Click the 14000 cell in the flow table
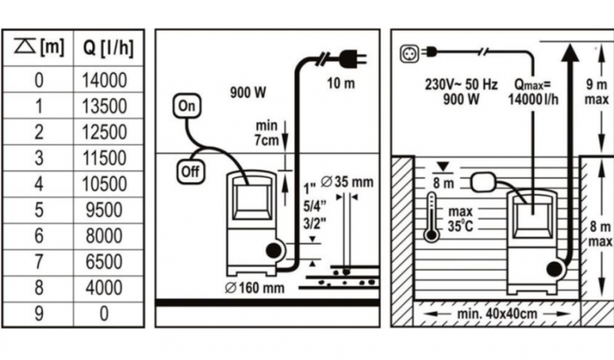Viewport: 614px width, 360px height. point(104,81)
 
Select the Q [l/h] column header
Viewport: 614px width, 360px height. point(108,48)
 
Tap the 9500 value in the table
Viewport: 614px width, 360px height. point(104,210)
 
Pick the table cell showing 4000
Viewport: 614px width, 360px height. point(104,288)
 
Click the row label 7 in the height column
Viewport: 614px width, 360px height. point(39,262)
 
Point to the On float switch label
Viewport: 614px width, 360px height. point(187,106)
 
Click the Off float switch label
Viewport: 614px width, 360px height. point(190,172)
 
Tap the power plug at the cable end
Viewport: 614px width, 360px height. point(353,59)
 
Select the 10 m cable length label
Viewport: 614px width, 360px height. point(341,84)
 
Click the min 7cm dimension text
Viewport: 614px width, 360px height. point(266,134)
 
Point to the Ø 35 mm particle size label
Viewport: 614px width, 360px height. point(347,182)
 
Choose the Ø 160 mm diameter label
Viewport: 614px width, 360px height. point(255,288)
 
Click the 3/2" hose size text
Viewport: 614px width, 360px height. point(315,223)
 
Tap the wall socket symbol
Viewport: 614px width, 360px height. point(409,53)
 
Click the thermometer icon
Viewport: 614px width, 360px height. point(431,216)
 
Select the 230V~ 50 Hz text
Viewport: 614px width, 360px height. point(461,84)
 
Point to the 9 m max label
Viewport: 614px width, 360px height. point(596,91)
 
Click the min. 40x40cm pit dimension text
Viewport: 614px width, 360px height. point(497,314)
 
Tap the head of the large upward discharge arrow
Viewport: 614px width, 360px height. point(569,53)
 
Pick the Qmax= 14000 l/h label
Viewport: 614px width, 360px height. point(533,91)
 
